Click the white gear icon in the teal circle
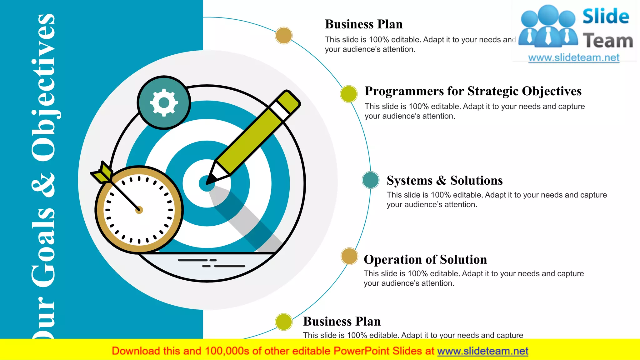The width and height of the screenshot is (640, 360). (x=164, y=102)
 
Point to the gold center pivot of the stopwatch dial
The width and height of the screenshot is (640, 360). (x=139, y=210)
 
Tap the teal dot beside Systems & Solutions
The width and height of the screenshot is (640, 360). (x=371, y=180)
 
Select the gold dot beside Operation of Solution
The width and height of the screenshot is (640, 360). (x=349, y=256)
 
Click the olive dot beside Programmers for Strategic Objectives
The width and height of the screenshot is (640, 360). (x=349, y=94)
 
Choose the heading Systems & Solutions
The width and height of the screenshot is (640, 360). (x=445, y=181)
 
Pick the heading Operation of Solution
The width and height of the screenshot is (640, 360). (x=425, y=260)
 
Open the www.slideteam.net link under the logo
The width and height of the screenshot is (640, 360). (x=574, y=58)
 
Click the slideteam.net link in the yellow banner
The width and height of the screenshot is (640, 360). (x=482, y=351)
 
